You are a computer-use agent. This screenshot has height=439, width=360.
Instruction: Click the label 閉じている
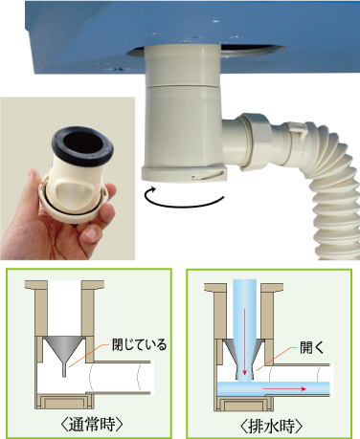click(x=139, y=344)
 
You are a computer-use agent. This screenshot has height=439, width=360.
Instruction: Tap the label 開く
click(x=311, y=348)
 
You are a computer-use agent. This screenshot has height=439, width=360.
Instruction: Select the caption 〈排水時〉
click(x=271, y=426)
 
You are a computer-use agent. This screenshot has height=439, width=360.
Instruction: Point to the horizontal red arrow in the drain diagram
click(x=284, y=389)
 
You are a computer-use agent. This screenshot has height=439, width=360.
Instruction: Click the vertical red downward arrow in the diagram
click(x=245, y=341)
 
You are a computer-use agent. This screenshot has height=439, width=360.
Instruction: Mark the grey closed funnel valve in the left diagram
click(x=65, y=352)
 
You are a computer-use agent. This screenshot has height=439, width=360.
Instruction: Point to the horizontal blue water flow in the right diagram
click(x=273, y=389)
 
